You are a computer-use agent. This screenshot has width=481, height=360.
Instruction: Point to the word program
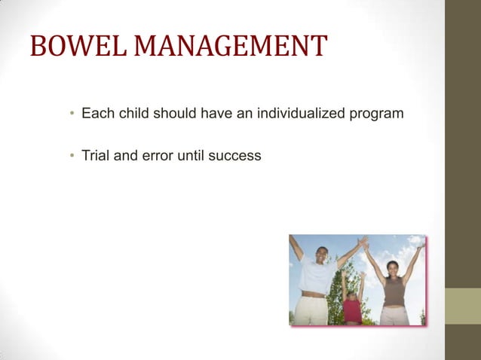[378, 114]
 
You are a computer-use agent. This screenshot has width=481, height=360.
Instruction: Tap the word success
[236, 156]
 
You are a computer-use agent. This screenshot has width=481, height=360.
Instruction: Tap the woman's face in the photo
[394, 268]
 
